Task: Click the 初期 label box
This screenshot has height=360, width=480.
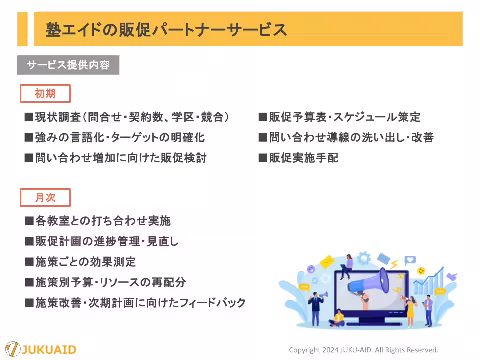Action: click(45, 94)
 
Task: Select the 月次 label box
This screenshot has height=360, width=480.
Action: click(45, 198)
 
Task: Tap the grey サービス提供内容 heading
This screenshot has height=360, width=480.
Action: click(68, 65)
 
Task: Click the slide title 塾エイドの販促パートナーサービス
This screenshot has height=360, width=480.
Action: click(166, 29)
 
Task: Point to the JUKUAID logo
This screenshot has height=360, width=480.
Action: click(41, 348)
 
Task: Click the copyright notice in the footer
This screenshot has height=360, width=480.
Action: click(363, 350)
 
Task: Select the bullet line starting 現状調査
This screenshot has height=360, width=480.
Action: click(127, 117)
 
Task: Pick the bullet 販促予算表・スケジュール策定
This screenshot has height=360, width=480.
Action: click(339, 117)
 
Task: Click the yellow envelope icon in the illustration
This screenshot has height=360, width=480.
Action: click(326, 261)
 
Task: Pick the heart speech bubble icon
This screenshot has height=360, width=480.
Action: click(410, 260)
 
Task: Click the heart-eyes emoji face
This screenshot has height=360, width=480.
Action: click(421, 271)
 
